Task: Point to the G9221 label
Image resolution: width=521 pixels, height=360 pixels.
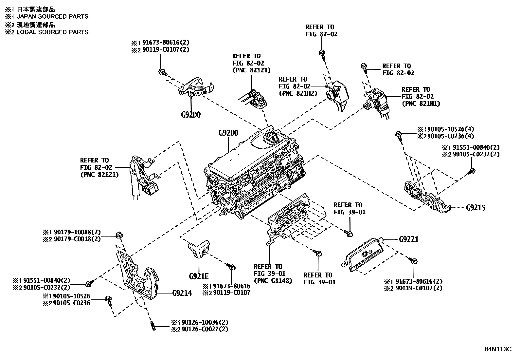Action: (408, 239)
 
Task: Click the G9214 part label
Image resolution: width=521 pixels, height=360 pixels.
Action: (182, 293)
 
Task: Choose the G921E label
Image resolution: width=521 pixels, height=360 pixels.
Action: (199, 276)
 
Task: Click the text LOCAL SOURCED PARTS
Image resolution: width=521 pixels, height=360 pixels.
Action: (52, 32)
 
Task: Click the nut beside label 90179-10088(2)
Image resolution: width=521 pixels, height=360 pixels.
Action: (119, 235)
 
